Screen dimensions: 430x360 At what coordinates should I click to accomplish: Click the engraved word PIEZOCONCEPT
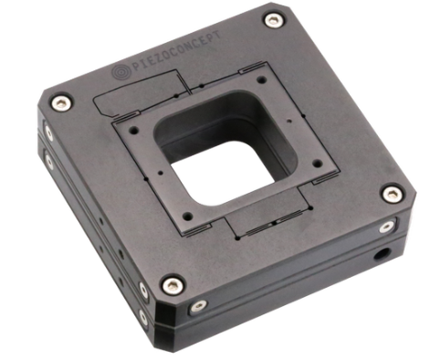tap(176, 51)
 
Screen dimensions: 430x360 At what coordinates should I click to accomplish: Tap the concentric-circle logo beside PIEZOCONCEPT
tap(121, 72)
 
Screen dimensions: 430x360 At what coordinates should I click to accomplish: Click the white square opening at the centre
tap(222, 173)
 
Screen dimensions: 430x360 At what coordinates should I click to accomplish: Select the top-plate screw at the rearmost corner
tap(275, 20)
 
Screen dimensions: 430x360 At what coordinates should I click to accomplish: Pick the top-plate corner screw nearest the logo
tap(61, 102)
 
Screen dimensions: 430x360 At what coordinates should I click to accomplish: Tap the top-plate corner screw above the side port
tap(392, 194)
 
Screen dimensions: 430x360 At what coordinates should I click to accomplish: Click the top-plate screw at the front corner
tap(173, 286)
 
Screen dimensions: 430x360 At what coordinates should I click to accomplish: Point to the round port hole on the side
tap(382, 253)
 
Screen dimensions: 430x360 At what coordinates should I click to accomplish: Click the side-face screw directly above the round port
tap(386, 227)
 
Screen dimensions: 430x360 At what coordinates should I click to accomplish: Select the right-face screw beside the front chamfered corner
tap(198, 306)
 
